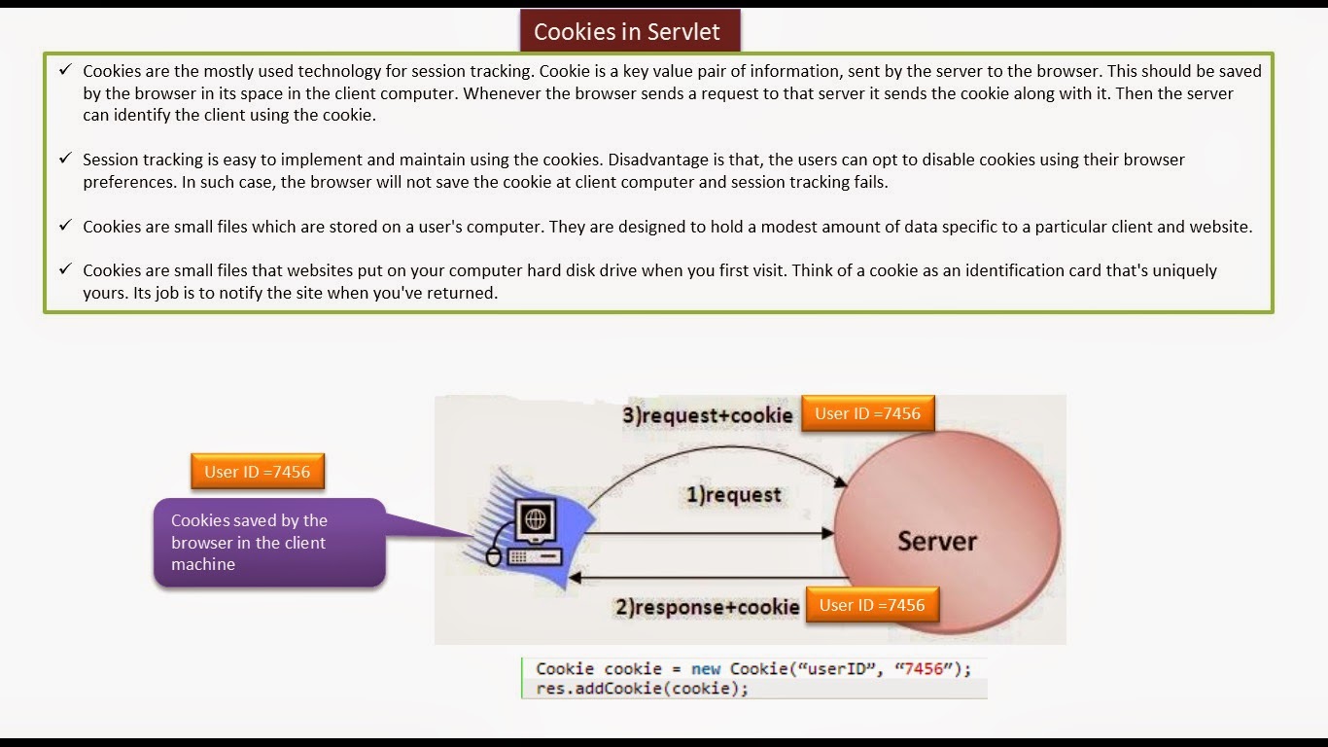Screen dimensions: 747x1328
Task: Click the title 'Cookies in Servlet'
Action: pyautogui.click(x=627, y=31)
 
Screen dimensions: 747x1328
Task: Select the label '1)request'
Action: pyautogui.click(x=734, y=495)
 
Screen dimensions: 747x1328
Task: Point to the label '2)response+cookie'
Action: pyautogui.click(x=707, y=608)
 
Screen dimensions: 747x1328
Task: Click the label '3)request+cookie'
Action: pyautogui.click(x=708, y=415)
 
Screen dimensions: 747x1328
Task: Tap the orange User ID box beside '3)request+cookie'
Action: pyautogui.click(x=867, y=413)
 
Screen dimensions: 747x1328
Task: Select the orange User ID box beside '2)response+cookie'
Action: pyautogui.click(x=872, y=605)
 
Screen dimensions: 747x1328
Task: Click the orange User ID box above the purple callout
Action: pyautogui.click(x=257, y=472)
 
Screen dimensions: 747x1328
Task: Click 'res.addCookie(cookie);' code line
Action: pyautogui.click(x=643, y=689)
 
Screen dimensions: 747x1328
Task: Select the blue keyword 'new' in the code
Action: pyautogui.click(x=706, y=669)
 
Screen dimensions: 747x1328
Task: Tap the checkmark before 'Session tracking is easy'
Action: pyautogui.click(x=65, y=158)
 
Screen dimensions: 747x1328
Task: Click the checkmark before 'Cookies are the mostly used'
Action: pyautogui.click(x=65, y=70)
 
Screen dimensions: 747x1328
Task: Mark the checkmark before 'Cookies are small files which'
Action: pyautogui.click(x=65, y=226)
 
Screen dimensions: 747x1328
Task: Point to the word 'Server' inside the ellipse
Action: pyautogui.click(x=937, y=541)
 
